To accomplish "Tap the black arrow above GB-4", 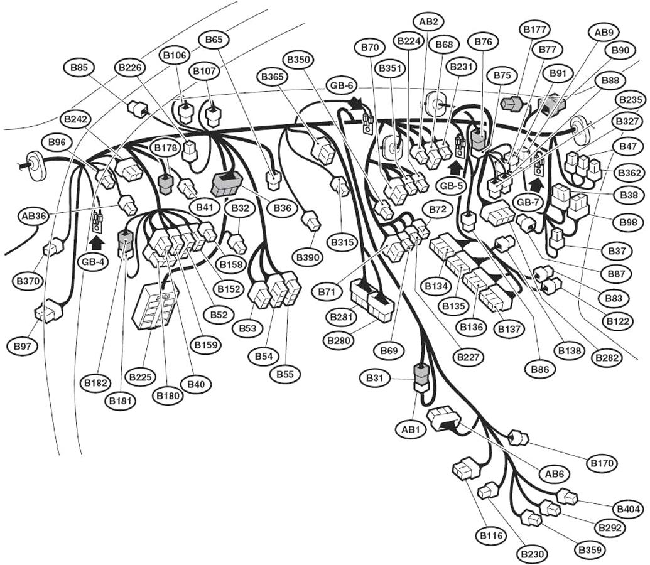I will click(96, 241).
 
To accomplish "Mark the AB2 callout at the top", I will click(428, 21).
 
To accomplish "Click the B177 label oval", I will click(535, 29).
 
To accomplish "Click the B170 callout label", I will click(602, 463).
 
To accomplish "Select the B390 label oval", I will click(308, 257).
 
